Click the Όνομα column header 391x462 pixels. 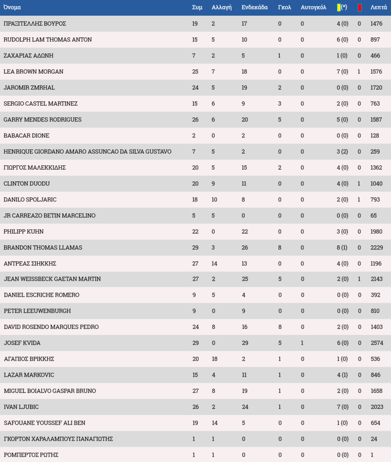(12, 7)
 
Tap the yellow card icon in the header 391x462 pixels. (339, 7)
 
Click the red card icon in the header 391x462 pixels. (359, 7)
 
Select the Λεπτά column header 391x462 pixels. (378, 7)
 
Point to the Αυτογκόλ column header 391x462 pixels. (313, 7)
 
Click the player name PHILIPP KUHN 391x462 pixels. (23, 231)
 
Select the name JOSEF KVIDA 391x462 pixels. (22, 343)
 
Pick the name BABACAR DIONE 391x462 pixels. (27, 135)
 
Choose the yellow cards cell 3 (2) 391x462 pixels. (342, 151)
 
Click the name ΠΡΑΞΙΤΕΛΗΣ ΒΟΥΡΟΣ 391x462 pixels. (35, 23)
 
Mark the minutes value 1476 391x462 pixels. (376, 23)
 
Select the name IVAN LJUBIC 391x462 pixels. (21, 407)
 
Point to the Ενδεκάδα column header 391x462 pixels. (255, 7)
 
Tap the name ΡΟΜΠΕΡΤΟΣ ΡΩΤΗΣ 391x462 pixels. (31, 455)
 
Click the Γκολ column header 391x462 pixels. (285, 7)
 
